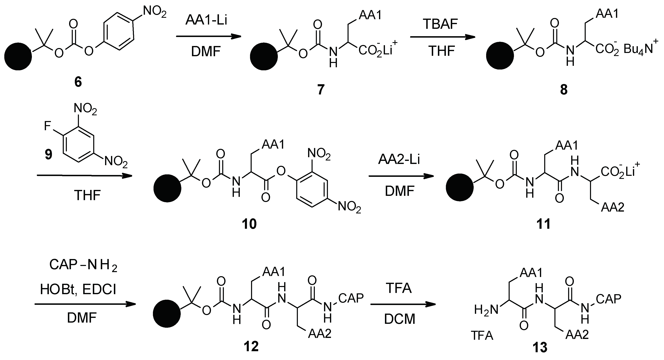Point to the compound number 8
pyautogui.click(x=564, y=90)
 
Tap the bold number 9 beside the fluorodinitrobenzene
pyautogui.click(x=48, y=154)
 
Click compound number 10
pyautogui.click(x=249, y=224)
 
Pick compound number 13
pyautogui.click(x=540, y=348)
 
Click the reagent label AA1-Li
pyautogui.click(x=206, y=21)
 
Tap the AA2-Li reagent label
pyautogui.click(x=399, y=160)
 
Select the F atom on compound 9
pyautogui.click(x=47, y=126)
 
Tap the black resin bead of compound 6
pyautogui.click(x=18, y=57)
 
